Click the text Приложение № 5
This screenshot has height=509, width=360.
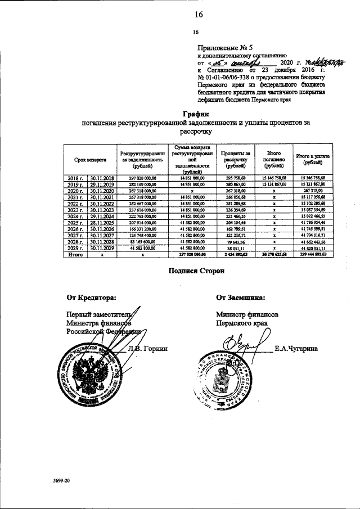coord(223,47)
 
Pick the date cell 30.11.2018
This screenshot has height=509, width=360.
coord(102,177)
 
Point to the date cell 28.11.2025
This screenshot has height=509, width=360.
coord(102,223)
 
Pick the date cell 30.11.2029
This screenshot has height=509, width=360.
coord(102,248)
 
